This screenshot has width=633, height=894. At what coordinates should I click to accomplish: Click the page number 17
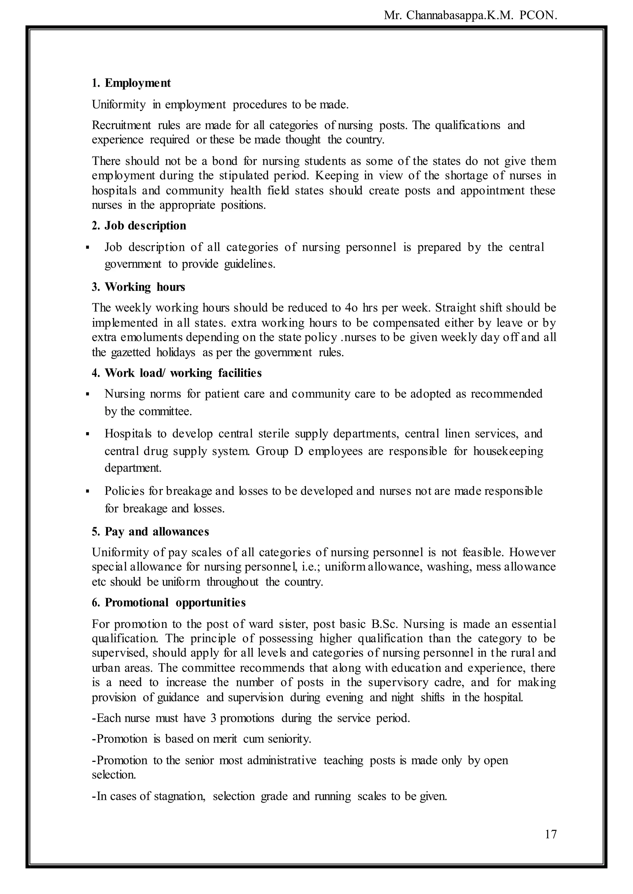(x=550, y=834)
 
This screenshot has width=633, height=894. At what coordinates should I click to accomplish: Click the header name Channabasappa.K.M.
(x=460, y=15)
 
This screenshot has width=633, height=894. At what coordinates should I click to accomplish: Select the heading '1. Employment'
(x=131, y=83)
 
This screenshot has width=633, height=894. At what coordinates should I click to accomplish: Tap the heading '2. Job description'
(x=139, y=226)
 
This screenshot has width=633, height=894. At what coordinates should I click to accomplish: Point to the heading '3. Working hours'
(x=138, y=287)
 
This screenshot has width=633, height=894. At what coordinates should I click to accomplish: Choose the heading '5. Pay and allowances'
(x=151, y=532)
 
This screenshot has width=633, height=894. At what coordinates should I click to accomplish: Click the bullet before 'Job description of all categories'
(x=88, y=248)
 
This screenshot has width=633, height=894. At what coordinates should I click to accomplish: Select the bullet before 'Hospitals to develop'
(x=88, y=434)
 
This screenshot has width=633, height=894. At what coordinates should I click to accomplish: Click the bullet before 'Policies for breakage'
(x=88, y=491)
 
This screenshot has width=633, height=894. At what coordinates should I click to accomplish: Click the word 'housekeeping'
(x=508, y=451)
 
